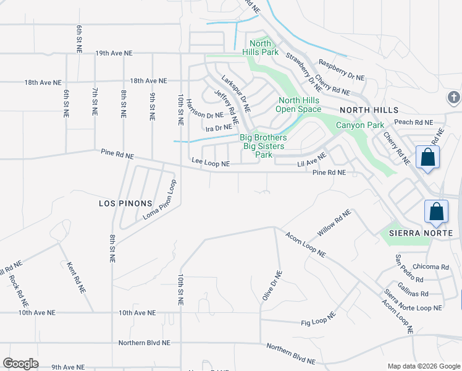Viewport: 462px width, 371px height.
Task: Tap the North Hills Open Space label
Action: point(299,105)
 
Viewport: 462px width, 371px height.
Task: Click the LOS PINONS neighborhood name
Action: point(125,203)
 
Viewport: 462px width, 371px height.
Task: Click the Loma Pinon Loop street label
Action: point(160,199)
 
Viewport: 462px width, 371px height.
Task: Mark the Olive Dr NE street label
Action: point(272,286)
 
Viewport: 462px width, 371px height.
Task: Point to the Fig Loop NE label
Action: point(318,319)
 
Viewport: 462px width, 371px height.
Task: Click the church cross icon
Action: point(454,98)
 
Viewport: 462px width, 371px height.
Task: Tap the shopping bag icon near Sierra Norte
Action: point(436,211)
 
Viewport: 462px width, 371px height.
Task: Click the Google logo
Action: point(20,364)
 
